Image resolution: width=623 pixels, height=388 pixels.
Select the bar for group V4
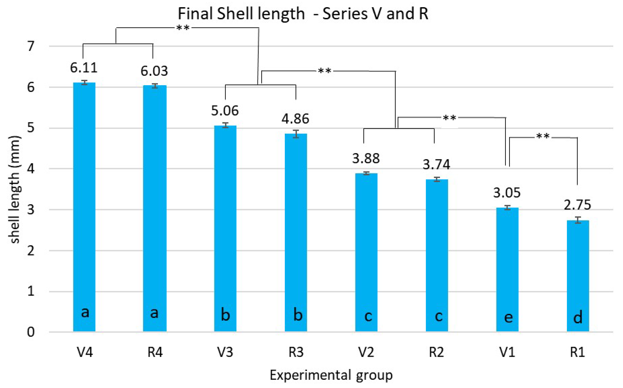click(x=84, y=207)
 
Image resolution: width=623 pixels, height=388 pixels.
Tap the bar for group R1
click(x=578, y=276)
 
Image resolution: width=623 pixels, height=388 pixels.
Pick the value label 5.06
click(x=225, y=111)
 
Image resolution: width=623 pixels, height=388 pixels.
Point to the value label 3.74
click(x=436, y=164)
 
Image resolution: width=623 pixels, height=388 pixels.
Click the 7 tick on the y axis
click(x=31, y=47)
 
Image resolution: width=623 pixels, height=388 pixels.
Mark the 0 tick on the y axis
click(x=31, y=332)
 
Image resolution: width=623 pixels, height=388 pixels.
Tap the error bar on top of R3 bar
click(x=296, y=134)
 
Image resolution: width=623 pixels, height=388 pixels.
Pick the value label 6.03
click(x=154, y=71)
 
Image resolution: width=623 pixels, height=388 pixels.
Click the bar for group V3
click(x=225, y=229)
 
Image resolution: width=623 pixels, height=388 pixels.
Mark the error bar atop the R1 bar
click(x=578, y=220)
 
